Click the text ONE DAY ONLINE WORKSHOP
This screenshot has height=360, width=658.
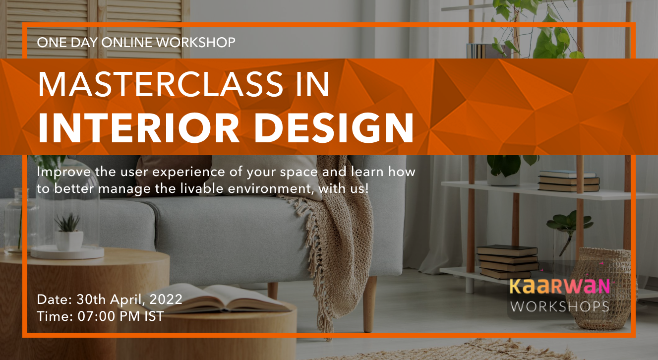pos(136,42)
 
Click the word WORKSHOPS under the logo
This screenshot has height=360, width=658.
pos(559,306)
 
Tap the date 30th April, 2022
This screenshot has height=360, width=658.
pos(129,299)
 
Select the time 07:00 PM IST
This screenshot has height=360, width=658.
pos(119,316)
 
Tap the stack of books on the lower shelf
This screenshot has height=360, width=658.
pos(507,261)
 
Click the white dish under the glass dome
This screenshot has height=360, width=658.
pos(67,252)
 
